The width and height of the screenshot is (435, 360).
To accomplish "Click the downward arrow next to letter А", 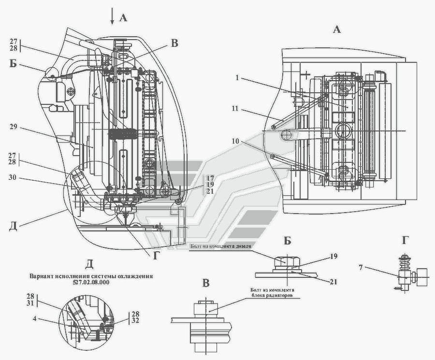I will [x=112, y=18].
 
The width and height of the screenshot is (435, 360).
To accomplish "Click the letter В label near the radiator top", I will [x=174, y=43].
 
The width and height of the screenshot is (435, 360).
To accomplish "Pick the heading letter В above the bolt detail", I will [x=206, y=283].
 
